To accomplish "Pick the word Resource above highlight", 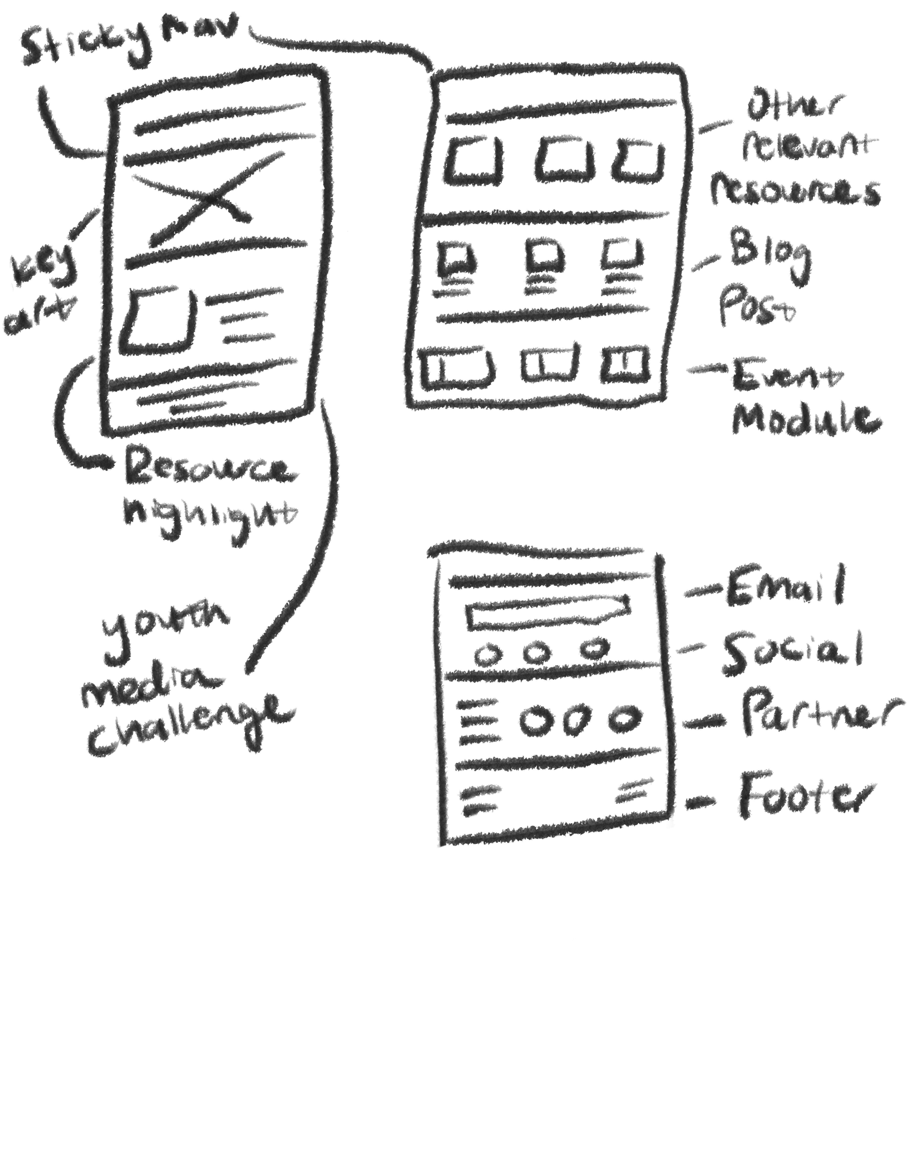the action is click(208, 470).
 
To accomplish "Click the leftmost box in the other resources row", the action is click(474, 160).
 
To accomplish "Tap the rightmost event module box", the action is click(625, 366).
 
